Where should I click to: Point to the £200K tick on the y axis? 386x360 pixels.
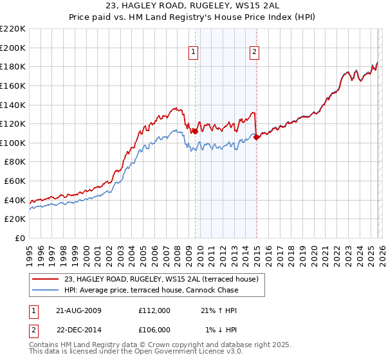point(13,48)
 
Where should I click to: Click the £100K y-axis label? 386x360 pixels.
point(13,143)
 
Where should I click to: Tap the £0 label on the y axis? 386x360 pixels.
point(20,238)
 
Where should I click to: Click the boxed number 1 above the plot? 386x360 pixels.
point(194,53)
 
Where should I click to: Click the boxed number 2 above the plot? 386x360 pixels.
point(255,53)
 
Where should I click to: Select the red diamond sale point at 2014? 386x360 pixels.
point(256,136)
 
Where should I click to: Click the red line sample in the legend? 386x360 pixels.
point(46,279)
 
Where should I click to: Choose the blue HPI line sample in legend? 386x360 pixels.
point(46,290)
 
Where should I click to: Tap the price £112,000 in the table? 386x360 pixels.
point(154,310)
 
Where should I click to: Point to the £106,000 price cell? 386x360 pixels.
point(154,330)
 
